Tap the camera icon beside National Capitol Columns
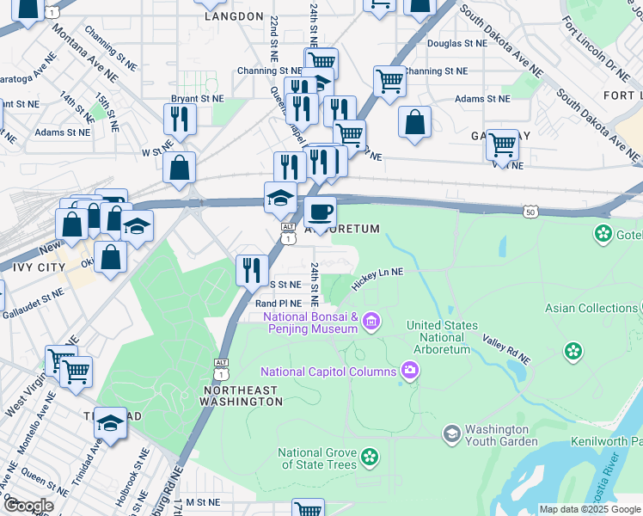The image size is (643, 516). coord(410,371)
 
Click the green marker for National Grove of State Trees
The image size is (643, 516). coord(370,457)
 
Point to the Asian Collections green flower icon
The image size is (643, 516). coord(573,351)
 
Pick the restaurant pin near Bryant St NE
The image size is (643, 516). coord(180,119)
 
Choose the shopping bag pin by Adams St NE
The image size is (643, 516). coord(414,121)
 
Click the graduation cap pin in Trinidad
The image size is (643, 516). coord(110,423)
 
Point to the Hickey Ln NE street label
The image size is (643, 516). coord(377,273)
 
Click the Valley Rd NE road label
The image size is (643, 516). coord(507,349)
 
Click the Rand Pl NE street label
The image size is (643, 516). coord(279,304)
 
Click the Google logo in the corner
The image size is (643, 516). coord(28,506)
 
